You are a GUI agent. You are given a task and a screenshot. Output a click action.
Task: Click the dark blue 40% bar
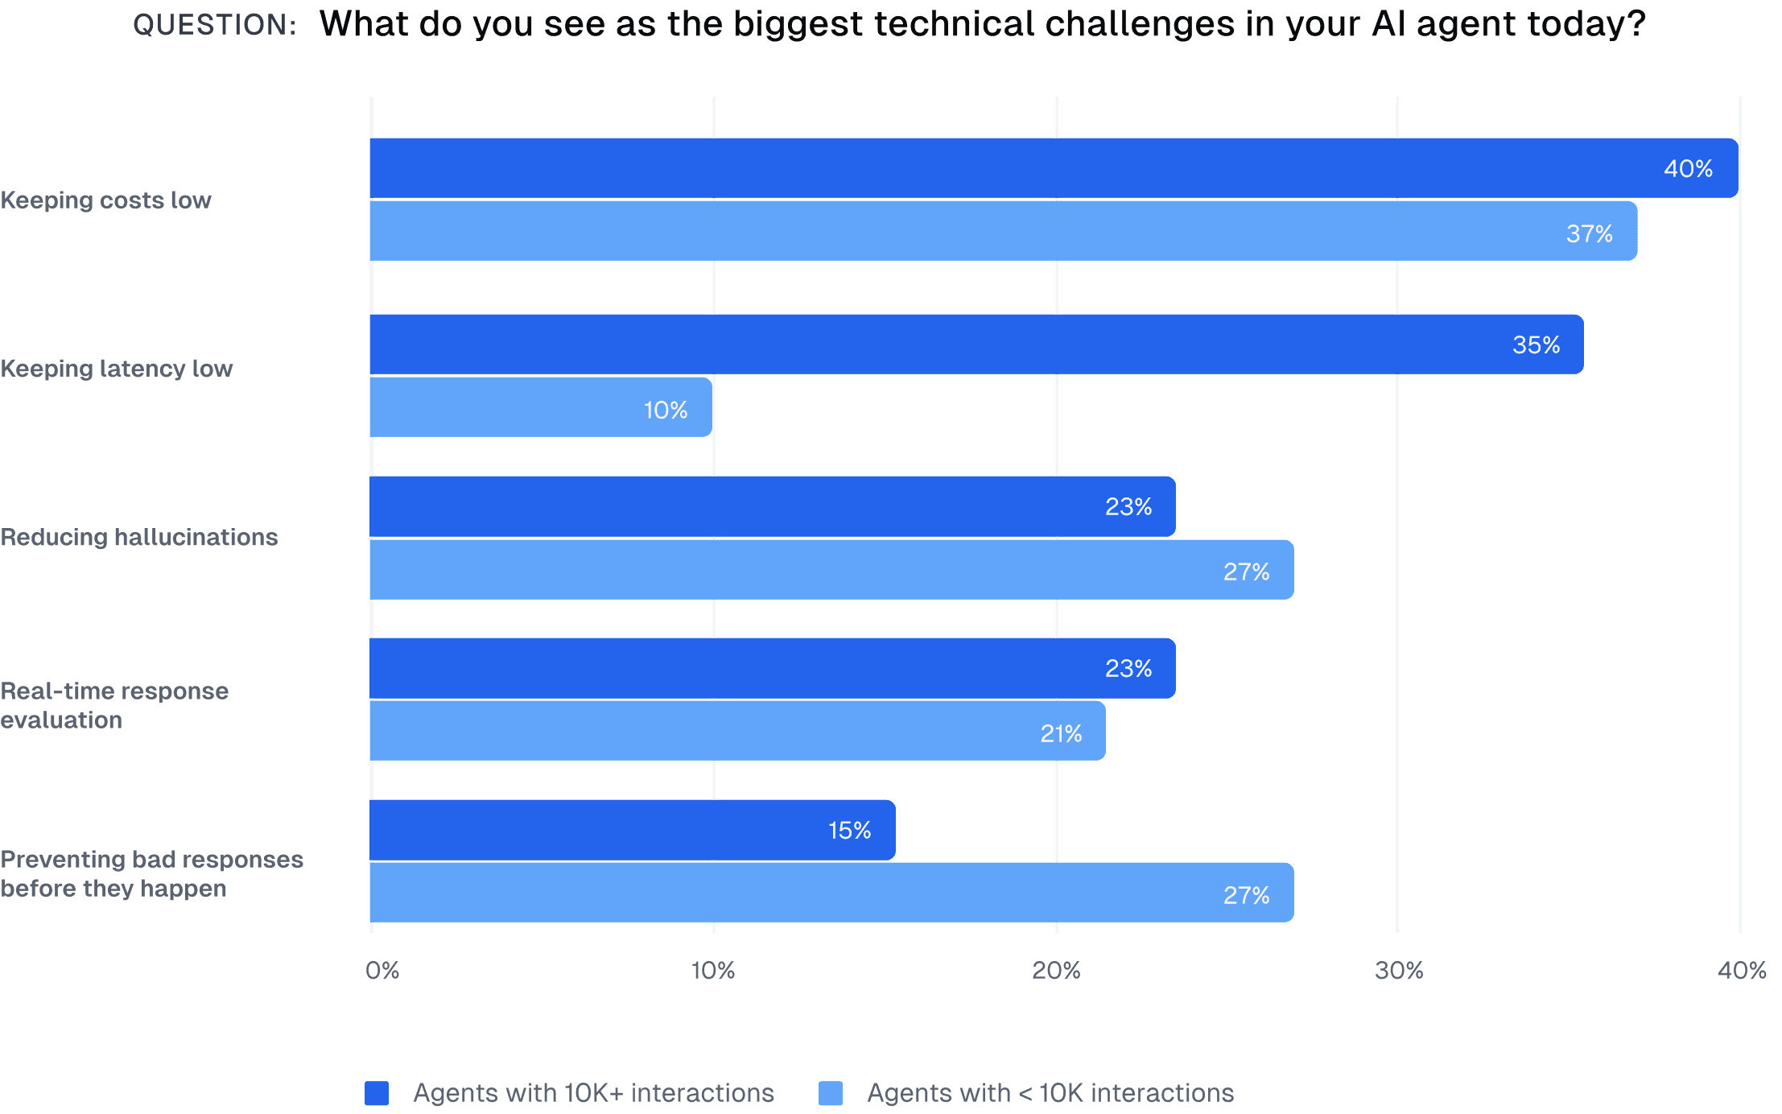coord(1046,167)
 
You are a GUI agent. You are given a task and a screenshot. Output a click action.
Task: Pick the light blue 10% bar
coord(539,407)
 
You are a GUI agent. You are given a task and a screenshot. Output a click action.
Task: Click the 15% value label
coord(849,830)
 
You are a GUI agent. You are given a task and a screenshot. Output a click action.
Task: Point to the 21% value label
coord(1061,733)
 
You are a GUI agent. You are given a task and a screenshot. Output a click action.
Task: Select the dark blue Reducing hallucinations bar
coord(773,506)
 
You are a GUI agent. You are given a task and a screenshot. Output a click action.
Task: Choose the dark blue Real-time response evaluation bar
coord(773,668)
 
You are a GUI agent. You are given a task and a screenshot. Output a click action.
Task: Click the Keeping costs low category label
coord(105,200)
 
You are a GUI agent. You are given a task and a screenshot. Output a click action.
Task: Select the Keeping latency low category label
coord(116,369)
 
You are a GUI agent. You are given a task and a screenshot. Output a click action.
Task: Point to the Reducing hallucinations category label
coord(138,537)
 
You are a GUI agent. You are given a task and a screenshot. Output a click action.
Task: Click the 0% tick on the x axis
coord(382,971)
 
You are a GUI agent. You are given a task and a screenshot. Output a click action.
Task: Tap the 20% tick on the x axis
coord(1056,971)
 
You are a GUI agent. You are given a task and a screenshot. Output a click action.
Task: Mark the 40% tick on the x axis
coord(1741,971)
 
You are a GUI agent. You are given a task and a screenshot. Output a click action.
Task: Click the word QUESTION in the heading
coord(214,25)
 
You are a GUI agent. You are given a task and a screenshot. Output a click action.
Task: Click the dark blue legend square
coord(377,1093)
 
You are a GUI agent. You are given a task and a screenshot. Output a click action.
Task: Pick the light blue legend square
coord(830,1093)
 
